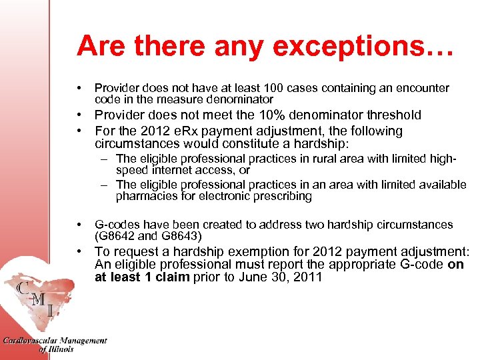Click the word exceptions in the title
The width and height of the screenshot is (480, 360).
tap(362, 47)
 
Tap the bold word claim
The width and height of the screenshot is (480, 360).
tap(173, 277)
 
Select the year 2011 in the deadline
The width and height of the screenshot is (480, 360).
tap(308, 277)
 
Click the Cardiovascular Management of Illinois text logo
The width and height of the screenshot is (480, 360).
tap(55, 344)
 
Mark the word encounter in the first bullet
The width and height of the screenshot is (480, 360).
tap(417, 88)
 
